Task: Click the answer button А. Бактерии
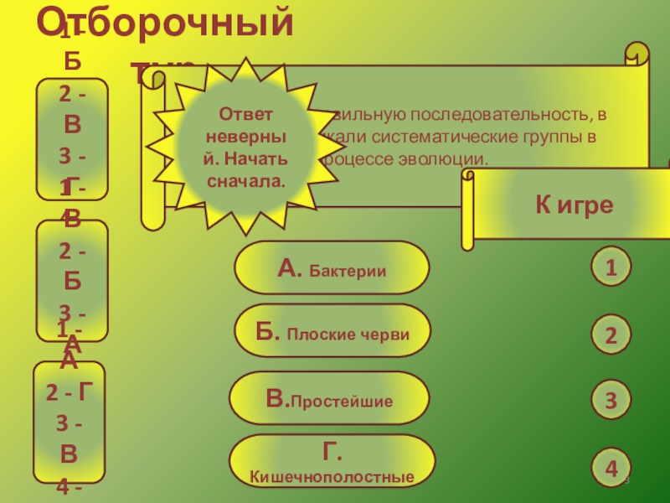coord(331,268)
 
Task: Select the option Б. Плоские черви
coord(332,331)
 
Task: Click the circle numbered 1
coord(611,268)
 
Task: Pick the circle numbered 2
coord(611,336)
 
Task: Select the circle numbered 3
coord(611,401)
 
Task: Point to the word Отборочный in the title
coord(167,23)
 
